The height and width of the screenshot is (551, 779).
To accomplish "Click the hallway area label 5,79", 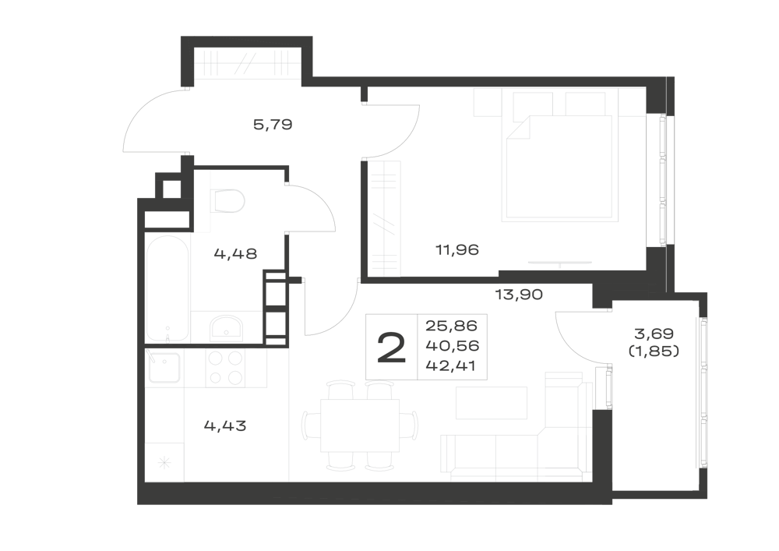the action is [x=272, y=124].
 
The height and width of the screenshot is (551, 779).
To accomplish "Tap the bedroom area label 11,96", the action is [x=457, y=249].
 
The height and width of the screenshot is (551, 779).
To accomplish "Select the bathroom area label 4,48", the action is [x=235, y=254].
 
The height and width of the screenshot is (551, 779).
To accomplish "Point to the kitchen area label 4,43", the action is [x=225, y=426].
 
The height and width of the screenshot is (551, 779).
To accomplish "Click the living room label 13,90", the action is [x=519, y=295].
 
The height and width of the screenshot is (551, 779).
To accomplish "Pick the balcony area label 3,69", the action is [x=654, y=333].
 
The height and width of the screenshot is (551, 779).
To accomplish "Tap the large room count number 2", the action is [x=392, y=348].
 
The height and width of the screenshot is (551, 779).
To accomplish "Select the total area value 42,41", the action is [x=451, y=366].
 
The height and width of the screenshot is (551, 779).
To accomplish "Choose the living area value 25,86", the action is [x=451, y=326].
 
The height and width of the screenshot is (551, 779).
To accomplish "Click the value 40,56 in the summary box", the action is [x=451, y=346].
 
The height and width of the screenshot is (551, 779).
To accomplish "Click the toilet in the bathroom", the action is [x=227, y=201].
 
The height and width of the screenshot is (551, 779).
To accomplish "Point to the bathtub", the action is [x=167, y=288].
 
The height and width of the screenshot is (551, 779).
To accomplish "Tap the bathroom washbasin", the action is [x=226, y=326].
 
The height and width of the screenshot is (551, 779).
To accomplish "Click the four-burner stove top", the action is [x=226, y=368].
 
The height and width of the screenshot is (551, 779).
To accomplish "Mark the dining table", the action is [x=360, y=426].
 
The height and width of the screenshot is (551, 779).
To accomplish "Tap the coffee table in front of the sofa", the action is [x=492, y=403].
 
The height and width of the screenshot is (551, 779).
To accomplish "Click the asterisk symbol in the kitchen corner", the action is [x=164, y=464].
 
